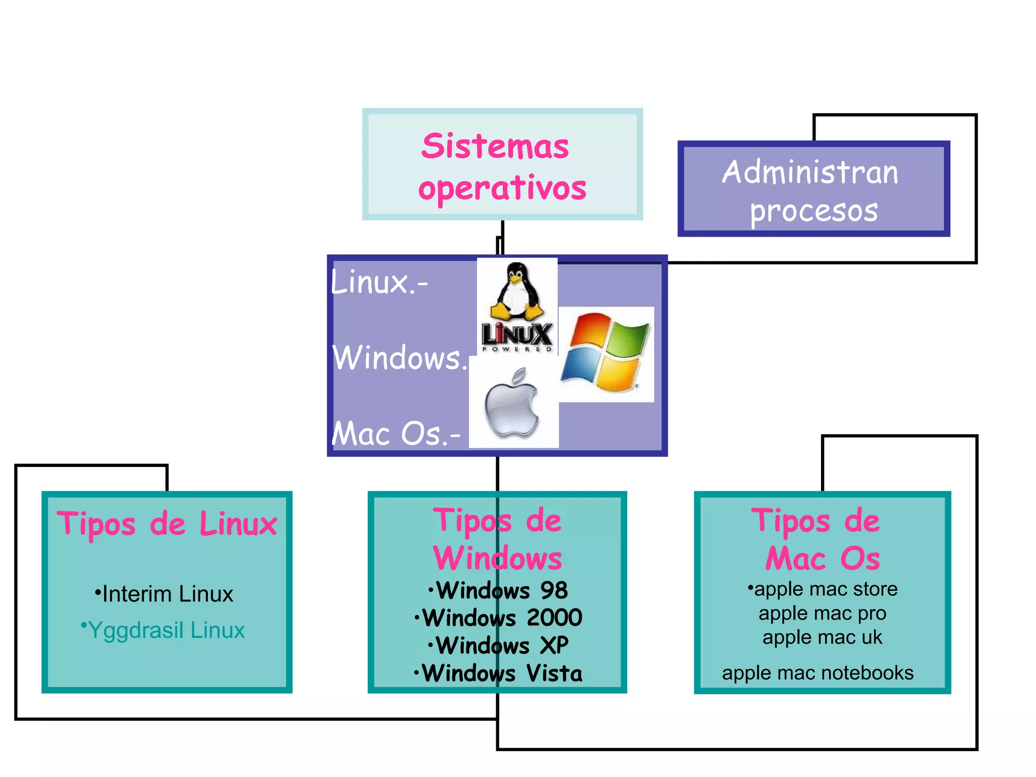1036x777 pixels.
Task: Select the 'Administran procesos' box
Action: pyautogui.click(x=813, y=189)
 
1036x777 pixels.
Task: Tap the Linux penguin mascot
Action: pyautogui.click(x=516, y=291)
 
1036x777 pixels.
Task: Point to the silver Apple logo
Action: pyautogui.click(x=512, y=404)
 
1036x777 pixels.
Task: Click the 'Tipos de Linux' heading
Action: pyautogui.click(x=167, y=524)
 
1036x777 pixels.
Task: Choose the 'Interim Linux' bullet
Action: pyautogui.click(x=164, y=594)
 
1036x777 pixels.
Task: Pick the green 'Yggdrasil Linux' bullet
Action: pyautogui.click(x=163, y=630)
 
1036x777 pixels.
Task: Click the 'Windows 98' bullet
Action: pyautogui.click(x=498, y=590)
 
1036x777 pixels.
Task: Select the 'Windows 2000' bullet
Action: pyautogui.click(x=498, y=618)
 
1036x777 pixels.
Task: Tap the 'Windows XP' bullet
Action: pyautogui.click(x=498, y=645)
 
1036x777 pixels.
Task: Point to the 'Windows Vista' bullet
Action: pyautogui.click(x=498, y=673)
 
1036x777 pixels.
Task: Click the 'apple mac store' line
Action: pyautogui.click(x=823, y=589)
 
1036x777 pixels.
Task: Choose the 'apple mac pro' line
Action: pyautogui.click(x=823, y=613)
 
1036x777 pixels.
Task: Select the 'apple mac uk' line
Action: pyautogui.click(x=823, y=637)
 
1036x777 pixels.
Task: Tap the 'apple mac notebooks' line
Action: pyautogui.click(x=818, y=673)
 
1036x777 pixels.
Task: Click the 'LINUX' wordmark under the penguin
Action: pyautogui.click(x=516, y=335)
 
